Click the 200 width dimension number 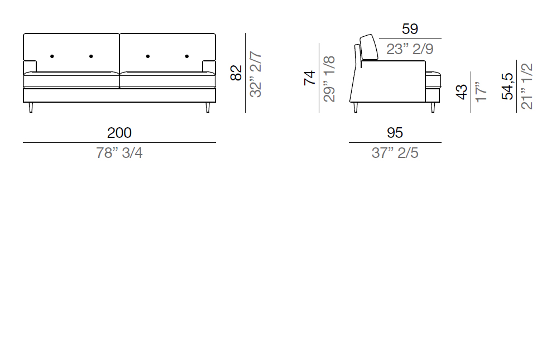(x=119, y=133)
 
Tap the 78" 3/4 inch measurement (x=119, y=153)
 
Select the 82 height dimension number (x=236, y=73)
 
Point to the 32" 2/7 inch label (x=256, y=74)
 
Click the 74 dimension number (x=310, y=78)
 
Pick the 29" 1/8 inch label (x=329, y=79)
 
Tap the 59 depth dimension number (x=410, y=29)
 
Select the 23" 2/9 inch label (x=410, y=49)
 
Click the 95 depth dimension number (x=395, y=133)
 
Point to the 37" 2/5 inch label (x=395, y=153)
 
